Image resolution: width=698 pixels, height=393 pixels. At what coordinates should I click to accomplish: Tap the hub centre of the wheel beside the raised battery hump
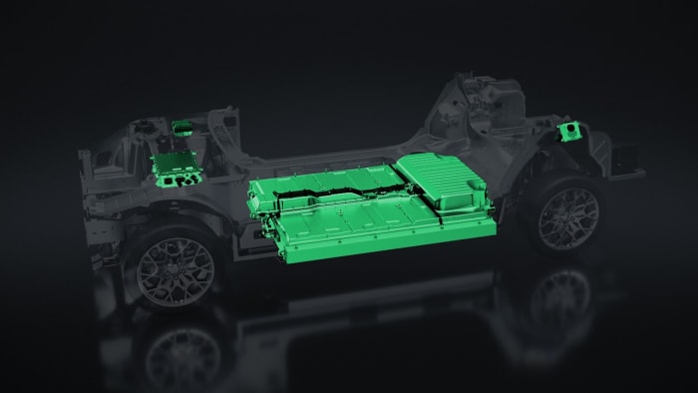click(569, 217)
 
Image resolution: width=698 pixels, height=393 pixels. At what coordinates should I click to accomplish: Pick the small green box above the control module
click(183, 129)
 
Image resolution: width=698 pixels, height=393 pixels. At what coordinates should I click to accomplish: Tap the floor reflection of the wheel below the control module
click(185, 349)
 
